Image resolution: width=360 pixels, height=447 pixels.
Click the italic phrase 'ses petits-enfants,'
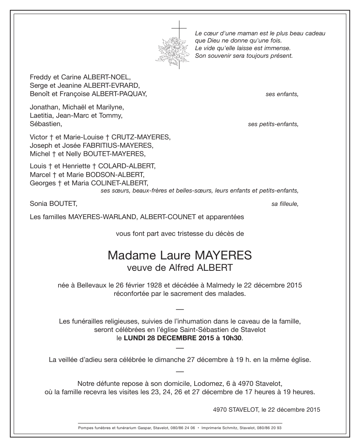(x=273, y=124)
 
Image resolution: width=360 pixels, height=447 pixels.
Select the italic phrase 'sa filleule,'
(x=285, y=204)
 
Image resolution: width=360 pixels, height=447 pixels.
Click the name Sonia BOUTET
(x=53, y=204)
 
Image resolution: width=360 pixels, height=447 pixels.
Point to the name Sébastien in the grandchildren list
(x=45, y=124)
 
